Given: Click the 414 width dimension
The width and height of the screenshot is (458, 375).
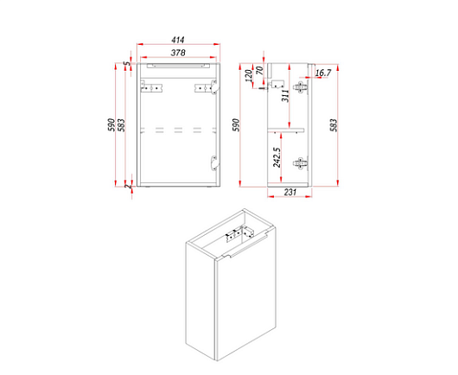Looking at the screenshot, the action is [x=178, y=40].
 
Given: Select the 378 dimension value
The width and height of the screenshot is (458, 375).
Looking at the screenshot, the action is [x=178, y=53].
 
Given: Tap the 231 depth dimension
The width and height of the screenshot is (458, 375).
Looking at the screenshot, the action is [x=290, y=192].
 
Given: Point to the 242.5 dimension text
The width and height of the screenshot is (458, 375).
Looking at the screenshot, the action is [x=277, y=157].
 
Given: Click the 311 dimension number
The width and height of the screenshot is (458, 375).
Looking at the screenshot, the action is [x=285, y=96].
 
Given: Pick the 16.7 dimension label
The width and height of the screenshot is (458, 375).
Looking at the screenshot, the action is [x=323, y=73].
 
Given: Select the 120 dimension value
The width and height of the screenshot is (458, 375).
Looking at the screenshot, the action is [x=249, y=75].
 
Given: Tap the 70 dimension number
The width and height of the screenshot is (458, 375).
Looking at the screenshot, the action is [x=259, y=70].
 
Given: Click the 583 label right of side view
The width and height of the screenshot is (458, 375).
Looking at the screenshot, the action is [x=334, y=125].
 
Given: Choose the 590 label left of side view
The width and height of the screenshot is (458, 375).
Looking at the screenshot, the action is [x=236, y=125].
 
